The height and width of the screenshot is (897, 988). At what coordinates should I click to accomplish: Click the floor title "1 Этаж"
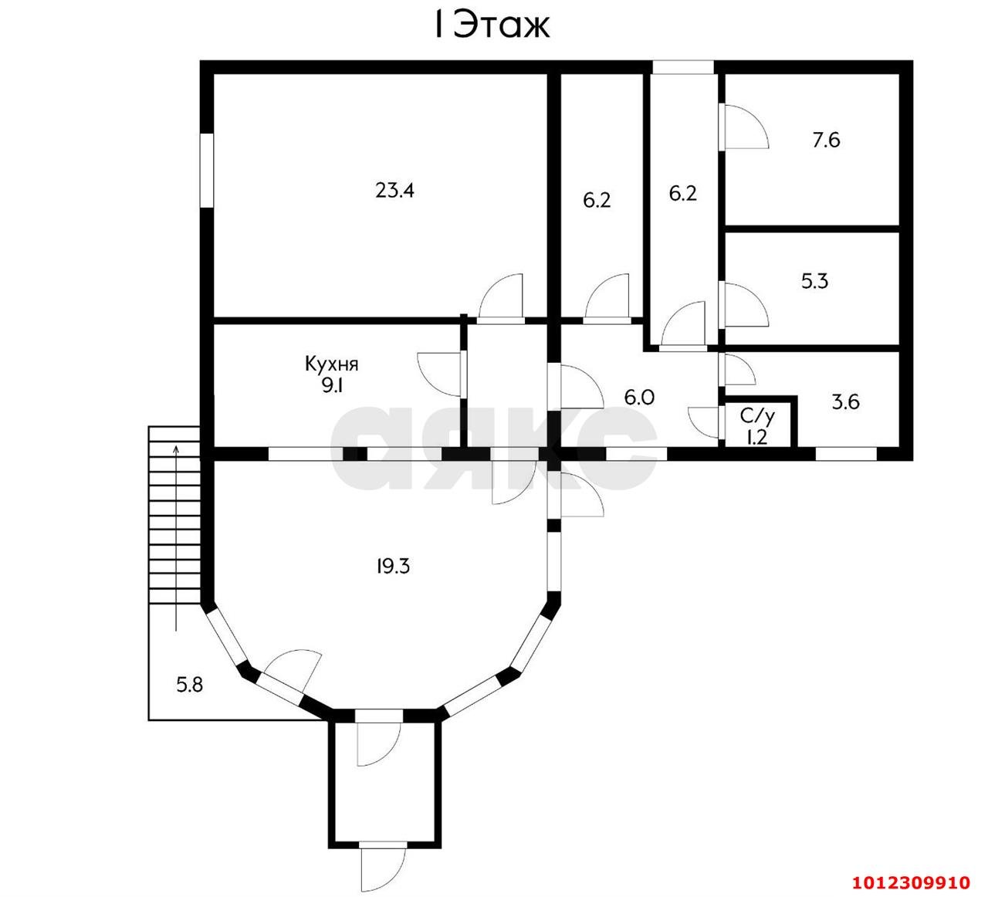pyautogui.click(x=492, y=25)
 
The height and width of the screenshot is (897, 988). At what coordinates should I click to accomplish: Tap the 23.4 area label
pyautogui.click(x=394, y=190)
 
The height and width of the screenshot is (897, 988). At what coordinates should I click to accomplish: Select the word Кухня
pyautogui.click(x=331, y=364)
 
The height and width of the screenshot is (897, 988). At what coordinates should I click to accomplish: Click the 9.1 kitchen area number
pyautogui.click(x=333, y=386)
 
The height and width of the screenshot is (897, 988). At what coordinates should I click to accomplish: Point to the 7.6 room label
pyautogui.click(x=826, y=140)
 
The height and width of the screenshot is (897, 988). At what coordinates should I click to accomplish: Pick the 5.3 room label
pyautogui.click(x=814, y=281)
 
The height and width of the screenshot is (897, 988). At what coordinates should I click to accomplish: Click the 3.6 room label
pyautogui.click(x=846, y=402)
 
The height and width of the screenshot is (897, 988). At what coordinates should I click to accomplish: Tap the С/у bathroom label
pyautogui.click(x=757, y=417)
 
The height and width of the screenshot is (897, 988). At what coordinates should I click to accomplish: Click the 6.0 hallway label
pyautogui.click(x=639, y=397)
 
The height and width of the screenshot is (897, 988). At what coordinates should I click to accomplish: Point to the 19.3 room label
pyautogui.click(x=393, y=567)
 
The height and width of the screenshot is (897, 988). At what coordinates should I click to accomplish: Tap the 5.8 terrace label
pyautogui.click(x=190, y=685)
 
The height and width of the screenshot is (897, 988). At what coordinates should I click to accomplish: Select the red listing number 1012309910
pyautogui.click(x=911, y=882)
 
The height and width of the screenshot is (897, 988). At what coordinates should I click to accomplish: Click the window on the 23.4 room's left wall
pyautogui.click(x=206, y=170)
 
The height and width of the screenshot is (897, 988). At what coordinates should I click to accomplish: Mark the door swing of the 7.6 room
pyautogui.click(x=744, y=127)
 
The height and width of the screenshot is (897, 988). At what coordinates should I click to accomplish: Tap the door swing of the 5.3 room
pyautogui.click(x=744, y=305)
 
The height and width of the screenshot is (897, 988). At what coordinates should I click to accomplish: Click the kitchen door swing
pyautogui.click(x=440, y=374)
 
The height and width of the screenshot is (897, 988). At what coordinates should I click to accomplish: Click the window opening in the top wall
pyautogui.click(x=683, y=67)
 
